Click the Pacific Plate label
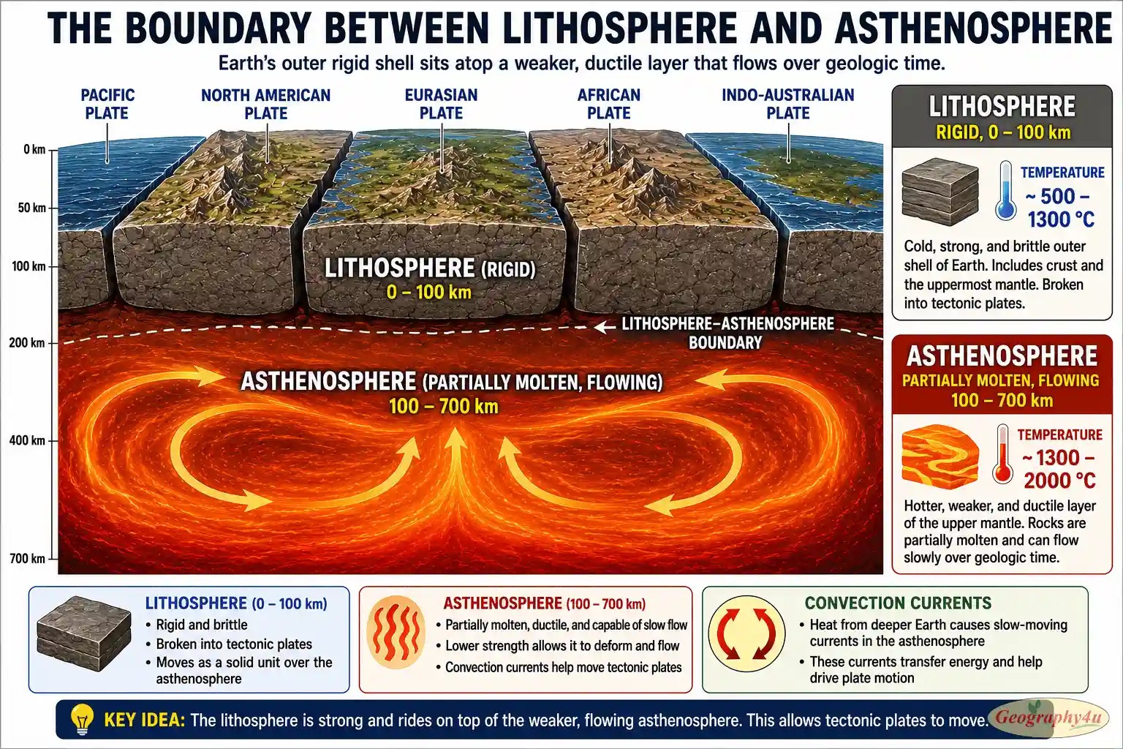pos(107,104)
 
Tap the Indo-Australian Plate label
pos(787,104)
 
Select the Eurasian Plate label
pos(441,104)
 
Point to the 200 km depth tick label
pos(27,343)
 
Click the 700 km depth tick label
pos(27,558)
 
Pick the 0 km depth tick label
pos(34,149)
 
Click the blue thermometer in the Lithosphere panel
pos(1006,190)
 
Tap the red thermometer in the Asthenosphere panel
pos(1002,453)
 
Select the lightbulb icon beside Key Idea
pos(82,720)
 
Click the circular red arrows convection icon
pos(746,633)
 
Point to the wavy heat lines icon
pos(396,632)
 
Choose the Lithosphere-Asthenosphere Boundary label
pos(727,333)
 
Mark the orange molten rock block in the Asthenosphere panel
pos(940,456)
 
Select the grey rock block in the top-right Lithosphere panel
pos(940,192)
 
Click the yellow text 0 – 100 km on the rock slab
pos(429,292)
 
